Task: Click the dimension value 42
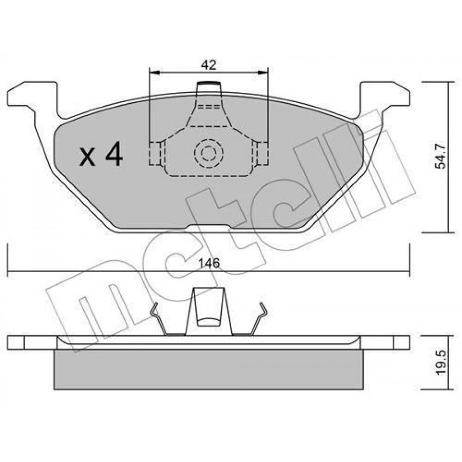pos(208,65)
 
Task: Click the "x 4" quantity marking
pos(101,155)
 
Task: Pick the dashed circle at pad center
pos(208,152)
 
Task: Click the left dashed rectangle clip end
pos(155,152)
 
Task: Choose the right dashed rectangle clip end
pos(262,152)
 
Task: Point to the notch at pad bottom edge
pos(208,227)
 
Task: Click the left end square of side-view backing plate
pos(16,342)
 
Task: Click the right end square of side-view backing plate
pos(401,342)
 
